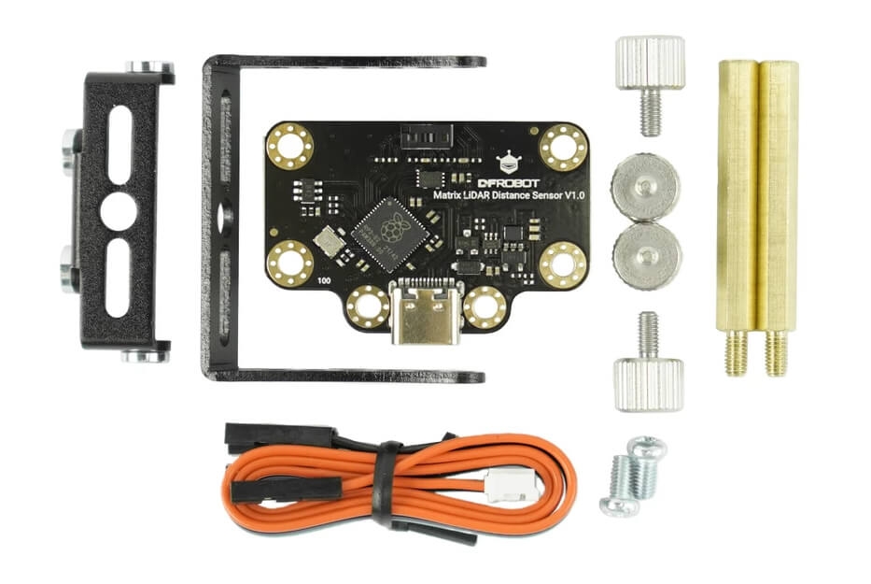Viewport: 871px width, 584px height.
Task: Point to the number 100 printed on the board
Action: (325, 279)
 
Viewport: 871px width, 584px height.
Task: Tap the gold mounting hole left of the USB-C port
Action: (368, 306)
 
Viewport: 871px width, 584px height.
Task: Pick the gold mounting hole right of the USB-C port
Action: (485, 306)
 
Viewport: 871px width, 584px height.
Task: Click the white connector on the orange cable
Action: (500, 484)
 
